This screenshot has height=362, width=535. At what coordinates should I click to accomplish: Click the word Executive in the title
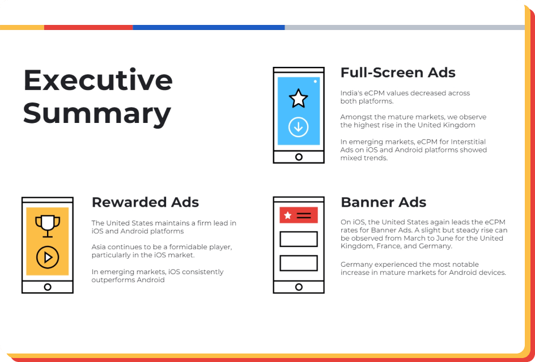tap(98, 80)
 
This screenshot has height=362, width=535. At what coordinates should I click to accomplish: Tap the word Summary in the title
tap(97, 114)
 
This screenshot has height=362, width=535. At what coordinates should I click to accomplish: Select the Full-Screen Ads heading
tap(398, 73)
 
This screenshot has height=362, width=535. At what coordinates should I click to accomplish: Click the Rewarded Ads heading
tap(145, 202)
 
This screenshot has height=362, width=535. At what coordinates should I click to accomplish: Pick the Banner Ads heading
tap(384, 202)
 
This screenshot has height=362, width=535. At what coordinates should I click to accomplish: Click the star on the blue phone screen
tap(299, 98)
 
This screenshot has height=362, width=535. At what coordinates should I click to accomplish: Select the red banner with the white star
tap(299, 215)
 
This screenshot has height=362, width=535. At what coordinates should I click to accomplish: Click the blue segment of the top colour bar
tap(209, 27)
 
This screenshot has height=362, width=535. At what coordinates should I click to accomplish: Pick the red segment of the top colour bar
tap(89, 27)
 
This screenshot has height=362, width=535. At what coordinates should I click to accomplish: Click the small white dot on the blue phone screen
tap(315, 82)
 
